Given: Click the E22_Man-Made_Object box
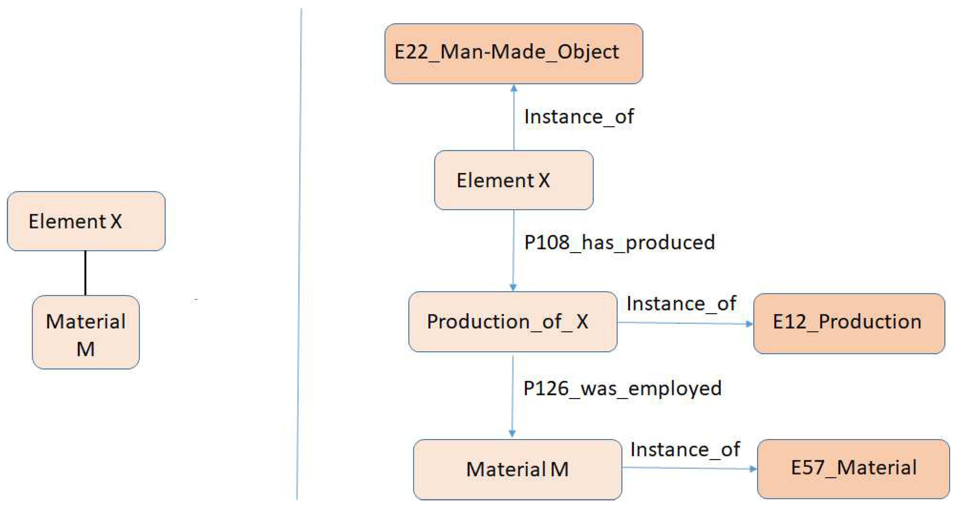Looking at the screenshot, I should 513,54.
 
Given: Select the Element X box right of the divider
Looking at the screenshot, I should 513,180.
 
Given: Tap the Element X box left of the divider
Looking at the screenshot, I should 86,221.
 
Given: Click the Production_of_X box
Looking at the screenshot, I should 513,322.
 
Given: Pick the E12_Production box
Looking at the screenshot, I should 849,323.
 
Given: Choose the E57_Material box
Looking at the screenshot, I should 853,469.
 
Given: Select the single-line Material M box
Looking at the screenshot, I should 517,469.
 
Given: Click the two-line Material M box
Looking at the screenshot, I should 86,332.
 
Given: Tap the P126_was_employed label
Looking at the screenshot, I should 622,388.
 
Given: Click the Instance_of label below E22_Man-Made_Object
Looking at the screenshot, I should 579,117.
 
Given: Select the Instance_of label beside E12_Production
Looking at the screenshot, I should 681,304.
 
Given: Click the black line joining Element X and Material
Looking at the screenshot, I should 85,273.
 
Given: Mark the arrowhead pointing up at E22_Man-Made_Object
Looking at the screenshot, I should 514,88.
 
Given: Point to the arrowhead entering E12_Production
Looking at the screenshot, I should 749,324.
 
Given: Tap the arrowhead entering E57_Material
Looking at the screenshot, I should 753,469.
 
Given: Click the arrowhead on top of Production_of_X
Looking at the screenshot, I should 513,287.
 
